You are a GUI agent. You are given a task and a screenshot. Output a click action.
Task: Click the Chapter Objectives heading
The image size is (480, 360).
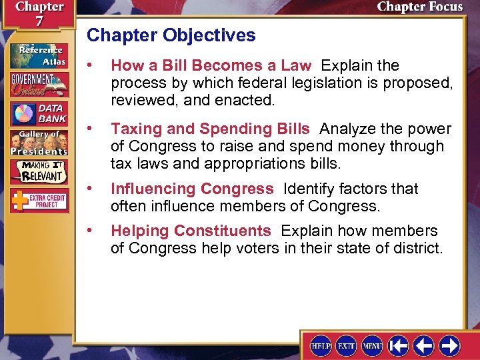[171, 35]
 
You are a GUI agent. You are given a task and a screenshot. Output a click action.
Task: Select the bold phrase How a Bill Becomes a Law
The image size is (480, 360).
[211, 65]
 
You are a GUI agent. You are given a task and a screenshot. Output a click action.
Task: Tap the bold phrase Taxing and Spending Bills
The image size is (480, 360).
[210, 129]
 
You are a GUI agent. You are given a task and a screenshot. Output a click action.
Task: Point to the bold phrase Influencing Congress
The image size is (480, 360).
[192, 189]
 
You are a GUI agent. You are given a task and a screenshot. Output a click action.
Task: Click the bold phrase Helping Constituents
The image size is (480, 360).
[191, 231]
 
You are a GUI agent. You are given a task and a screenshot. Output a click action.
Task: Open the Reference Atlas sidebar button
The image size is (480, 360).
[38, 55]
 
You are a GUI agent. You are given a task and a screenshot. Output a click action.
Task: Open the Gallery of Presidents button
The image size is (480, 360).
[38, 143]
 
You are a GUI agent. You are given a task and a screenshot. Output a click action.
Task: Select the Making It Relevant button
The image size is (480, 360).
[38, 172]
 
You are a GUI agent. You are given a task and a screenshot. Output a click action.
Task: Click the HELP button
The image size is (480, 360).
[321, 345]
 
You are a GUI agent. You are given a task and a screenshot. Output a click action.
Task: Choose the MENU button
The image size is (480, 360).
[372, 345]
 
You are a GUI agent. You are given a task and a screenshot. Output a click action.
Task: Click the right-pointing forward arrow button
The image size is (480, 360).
[449, 345]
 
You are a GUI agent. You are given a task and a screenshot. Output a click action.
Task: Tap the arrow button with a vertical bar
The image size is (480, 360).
[399, 345]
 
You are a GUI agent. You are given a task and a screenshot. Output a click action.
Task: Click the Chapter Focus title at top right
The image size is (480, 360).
[419, 7]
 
